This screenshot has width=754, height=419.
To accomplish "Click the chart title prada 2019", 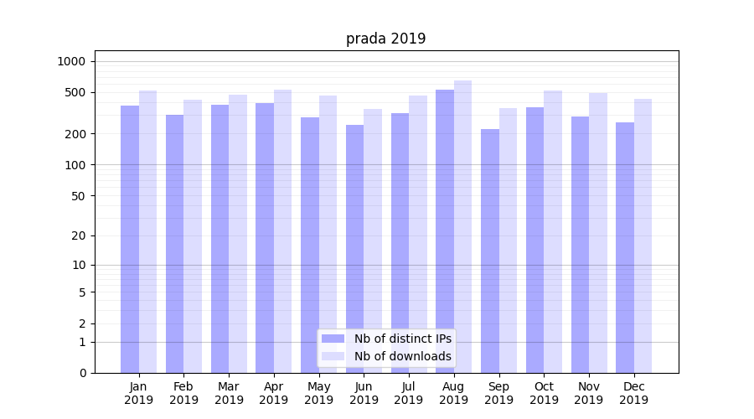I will tap(385, 39).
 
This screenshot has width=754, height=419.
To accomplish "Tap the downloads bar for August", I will tap(462, 226).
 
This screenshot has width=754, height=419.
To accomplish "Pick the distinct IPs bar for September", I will tap(490, 251).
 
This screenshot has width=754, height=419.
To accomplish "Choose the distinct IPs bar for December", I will tap(625, 247).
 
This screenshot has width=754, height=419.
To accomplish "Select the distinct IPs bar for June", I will tap(355, 249).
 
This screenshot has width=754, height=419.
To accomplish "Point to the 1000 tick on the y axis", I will tap(71, 61).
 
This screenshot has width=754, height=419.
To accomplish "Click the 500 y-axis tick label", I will tap(75, 92).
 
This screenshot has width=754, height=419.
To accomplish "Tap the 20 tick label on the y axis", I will tap(78, 235).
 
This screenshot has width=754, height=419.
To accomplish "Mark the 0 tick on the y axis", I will tap(82, 373).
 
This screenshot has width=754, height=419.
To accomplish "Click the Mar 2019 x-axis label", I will tap(229, 393).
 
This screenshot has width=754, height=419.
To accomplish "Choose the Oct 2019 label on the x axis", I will tap(544, 393).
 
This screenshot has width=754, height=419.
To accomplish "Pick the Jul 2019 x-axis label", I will tap(409, 393).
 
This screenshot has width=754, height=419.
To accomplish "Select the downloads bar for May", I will tap(328, 234).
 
